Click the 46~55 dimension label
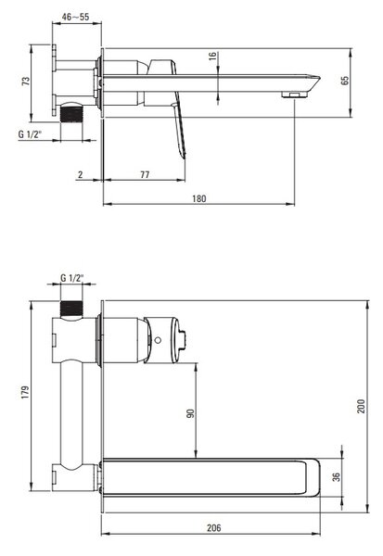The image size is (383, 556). point(75,17)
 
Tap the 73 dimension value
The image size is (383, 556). point(26,82)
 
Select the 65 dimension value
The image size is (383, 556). point(345,81)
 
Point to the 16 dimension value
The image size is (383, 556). point(212,56)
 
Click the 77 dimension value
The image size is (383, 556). point(145,174)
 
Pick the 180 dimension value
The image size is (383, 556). point(199,198)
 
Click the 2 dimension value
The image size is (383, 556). point(81,174)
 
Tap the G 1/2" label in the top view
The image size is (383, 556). point(31,134)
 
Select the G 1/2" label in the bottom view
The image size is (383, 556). point(72,278)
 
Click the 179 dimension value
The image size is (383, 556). point(25,393)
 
